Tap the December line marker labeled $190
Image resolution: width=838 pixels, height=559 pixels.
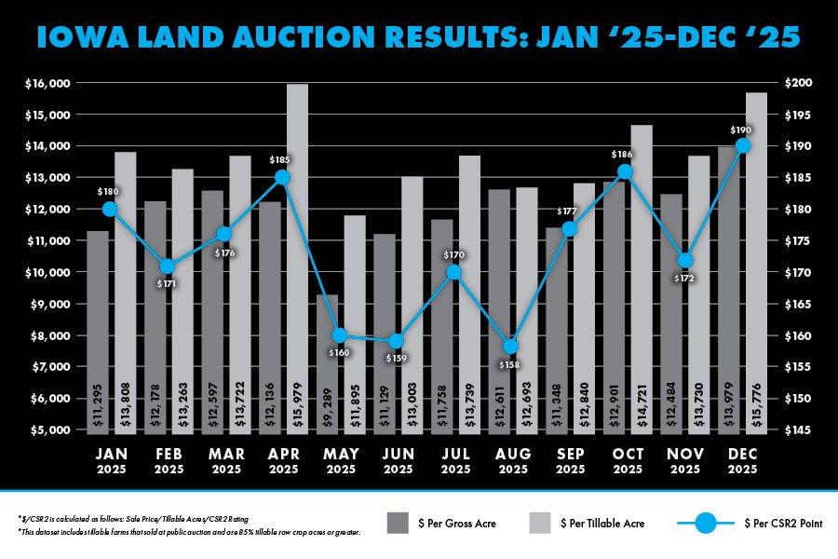coord(742,145)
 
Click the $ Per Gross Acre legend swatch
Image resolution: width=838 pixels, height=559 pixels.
coord(397,524)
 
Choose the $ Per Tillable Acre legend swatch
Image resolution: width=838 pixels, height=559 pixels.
coord(540,524)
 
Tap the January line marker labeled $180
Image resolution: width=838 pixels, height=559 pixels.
coord(110,209)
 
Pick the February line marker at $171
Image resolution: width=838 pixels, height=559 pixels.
coord(168,266)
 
